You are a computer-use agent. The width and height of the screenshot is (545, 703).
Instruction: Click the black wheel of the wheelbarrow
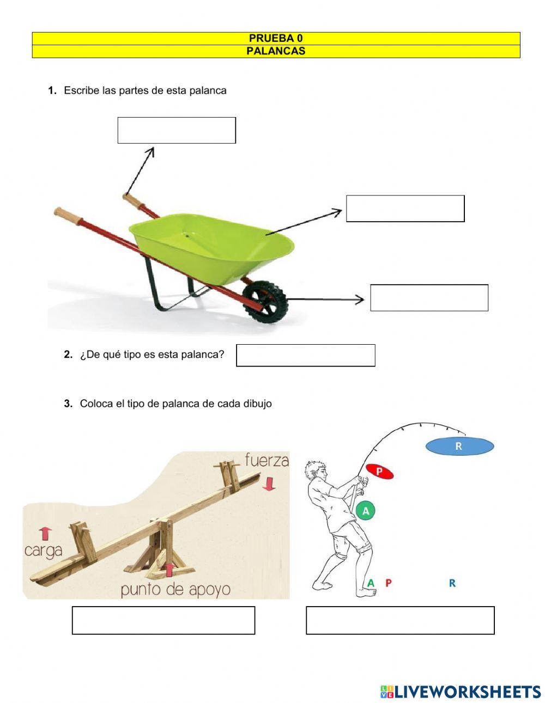click(265, 300)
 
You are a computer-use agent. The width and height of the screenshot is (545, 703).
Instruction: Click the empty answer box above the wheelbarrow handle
click(177, 130)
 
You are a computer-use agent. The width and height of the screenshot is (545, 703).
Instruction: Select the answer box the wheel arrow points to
click(429, 298)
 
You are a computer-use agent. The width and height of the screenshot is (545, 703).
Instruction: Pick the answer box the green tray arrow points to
click(405, 209)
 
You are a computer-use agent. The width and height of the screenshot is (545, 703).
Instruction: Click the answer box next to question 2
click(305, 355)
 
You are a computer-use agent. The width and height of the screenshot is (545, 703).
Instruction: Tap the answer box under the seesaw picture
click(163, 620)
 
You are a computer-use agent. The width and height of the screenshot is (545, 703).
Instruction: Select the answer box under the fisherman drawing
click(400, 620)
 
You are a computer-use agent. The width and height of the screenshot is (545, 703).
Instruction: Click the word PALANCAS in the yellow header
click(276, 51)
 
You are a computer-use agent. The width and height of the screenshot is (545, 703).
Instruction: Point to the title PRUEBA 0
click(276, 38)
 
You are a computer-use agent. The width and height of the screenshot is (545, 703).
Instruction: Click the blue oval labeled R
click(459, 447)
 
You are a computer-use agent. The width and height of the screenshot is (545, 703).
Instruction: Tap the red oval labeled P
click(379, 472)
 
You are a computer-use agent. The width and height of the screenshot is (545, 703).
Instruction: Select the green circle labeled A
click(366, 511)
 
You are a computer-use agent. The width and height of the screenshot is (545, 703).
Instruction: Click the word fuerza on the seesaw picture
click(267, 460)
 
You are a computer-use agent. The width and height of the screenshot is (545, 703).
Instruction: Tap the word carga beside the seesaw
click(43, 550)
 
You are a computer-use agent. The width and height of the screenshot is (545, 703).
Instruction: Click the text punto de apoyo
click(175, 589)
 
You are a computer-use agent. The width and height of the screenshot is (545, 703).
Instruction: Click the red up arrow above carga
click(45, 533)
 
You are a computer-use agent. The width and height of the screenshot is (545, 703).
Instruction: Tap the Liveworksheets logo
click(461, 692)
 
